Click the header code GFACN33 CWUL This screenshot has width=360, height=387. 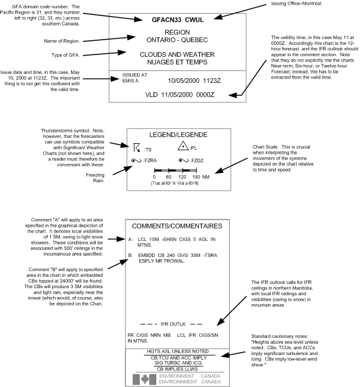coord(178,20)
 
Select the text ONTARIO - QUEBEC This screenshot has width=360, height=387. coord(178,40)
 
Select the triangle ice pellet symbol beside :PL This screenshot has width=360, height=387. coord(183,146)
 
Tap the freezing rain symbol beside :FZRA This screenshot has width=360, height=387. coord(138,160)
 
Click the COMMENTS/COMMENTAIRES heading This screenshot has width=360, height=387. coord(178,226)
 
